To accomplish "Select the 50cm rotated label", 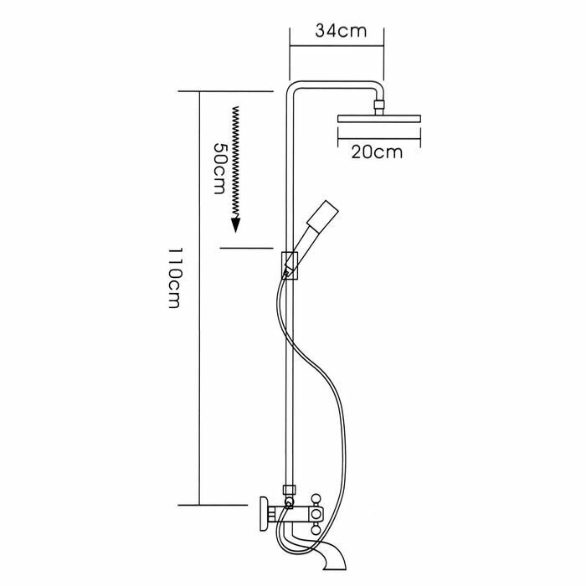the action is (219, 168).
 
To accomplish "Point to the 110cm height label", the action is (174, 277).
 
